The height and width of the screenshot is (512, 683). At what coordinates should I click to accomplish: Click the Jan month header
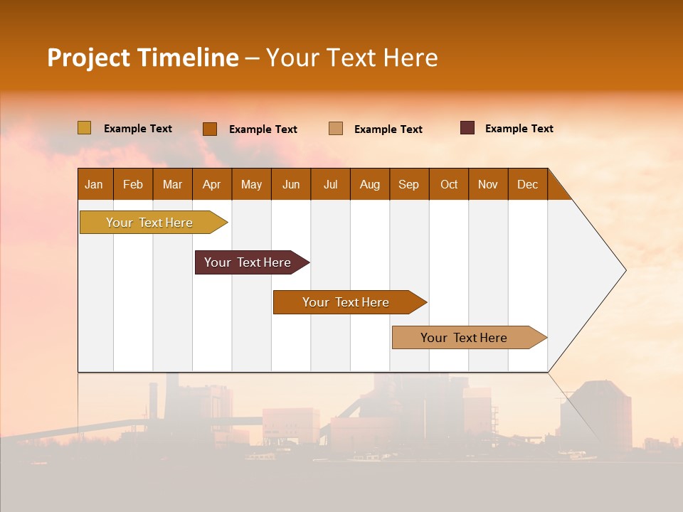(94, 184)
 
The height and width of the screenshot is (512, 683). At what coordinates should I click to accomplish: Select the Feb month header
(133, 184)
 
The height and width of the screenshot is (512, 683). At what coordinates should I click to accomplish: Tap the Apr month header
(212, 184)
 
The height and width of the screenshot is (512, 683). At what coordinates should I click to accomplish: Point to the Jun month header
(291, 184)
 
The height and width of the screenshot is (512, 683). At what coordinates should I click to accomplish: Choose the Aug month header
(370, 184)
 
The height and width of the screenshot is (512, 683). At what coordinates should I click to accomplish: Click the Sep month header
(409, 184)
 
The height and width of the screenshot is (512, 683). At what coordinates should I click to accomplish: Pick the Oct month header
(449, 184)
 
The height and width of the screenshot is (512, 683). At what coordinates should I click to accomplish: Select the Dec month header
(528, 184)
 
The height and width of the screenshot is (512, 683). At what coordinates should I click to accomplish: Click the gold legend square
(84, 128)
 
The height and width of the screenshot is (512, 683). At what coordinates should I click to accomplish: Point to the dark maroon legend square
(467, 128)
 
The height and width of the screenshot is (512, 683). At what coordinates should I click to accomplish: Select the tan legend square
(336, 129)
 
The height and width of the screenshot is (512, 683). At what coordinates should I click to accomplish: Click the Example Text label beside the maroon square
(519, 129)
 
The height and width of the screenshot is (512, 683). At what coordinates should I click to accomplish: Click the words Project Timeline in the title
(142, 58)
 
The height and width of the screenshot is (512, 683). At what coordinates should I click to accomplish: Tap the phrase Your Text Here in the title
(351, 58)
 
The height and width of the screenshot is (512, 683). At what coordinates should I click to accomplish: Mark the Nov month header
(488, 184)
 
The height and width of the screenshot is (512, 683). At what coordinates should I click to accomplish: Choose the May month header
(251, 184)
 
